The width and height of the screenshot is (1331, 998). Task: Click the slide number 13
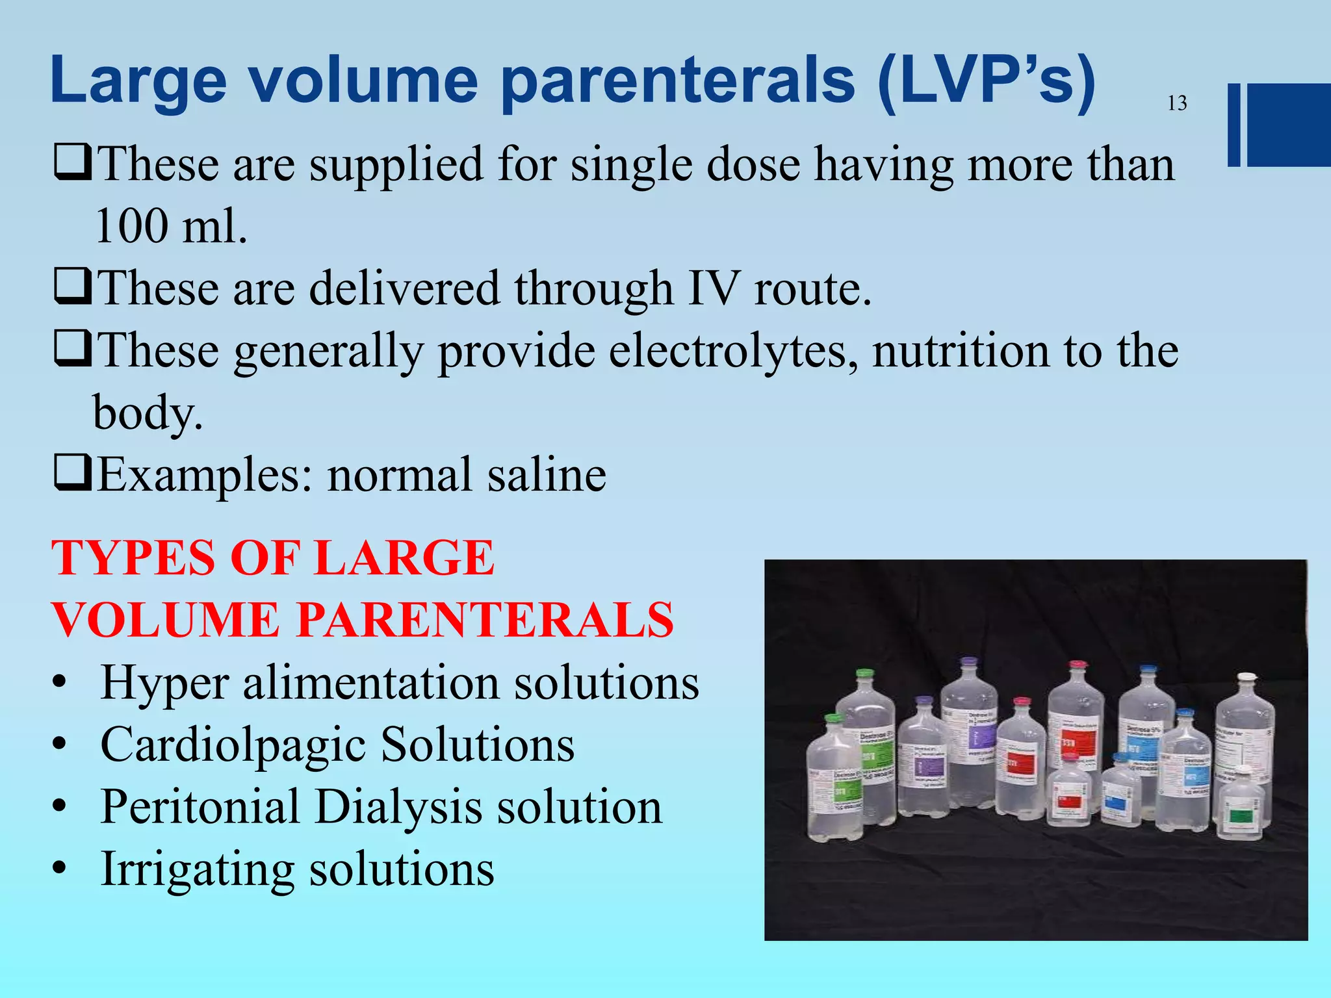coord(1177,103)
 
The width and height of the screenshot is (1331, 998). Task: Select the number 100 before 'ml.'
coord(130,226)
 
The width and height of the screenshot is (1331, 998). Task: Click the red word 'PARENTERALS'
coord(485,619)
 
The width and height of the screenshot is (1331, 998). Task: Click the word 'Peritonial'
coord(200,806)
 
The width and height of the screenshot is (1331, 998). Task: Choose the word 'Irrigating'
coord(197,869)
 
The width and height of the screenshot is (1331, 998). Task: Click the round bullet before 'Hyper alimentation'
coord(60,684)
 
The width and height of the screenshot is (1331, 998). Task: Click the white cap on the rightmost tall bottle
coord(1246,678)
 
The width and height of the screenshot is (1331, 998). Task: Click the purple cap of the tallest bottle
coord(968,661)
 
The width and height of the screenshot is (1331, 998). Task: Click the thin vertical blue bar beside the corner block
coord(1234,125)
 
